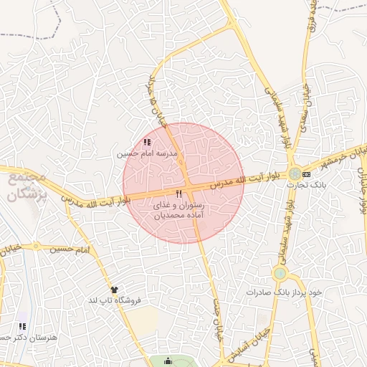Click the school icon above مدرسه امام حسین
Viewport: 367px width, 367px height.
pos(147,143)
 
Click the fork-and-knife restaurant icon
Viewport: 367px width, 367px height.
pos(178,194)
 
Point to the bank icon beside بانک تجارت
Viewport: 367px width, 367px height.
pos(307,174)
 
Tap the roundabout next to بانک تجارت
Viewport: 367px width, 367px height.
pos(295,173)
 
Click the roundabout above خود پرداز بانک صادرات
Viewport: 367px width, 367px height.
pos(280,273)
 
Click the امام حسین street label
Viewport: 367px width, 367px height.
pos(70,249)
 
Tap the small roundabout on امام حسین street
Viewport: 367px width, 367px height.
pos(35,246)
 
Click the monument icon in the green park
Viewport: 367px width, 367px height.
pos(168,361)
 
